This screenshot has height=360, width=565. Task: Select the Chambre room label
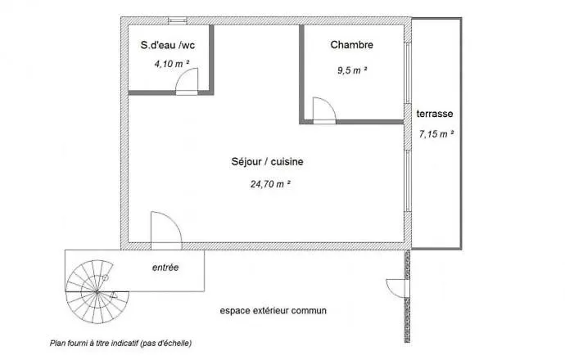pyautogui.click(x=351, y=45)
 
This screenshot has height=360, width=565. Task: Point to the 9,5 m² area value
pyautogui.click(x=352, y=70)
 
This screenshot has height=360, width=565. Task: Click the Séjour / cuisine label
pyautogui.click(x=267, y=162)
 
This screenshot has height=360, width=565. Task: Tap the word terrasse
pyautogui.click(x=435, y=115)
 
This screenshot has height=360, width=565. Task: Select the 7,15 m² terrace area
pyautogui.click(x=436, y=133)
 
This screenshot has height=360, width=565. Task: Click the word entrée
pyautogui.click(x=165, y=268)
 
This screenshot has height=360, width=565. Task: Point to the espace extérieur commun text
pyautogui.click(x=273, y=311)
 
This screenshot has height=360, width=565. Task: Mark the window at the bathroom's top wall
pyautogui.click(x=176, y=19)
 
